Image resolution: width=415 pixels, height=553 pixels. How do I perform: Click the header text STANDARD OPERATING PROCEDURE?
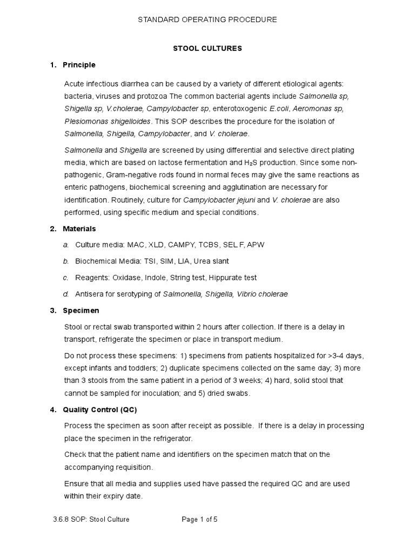207,19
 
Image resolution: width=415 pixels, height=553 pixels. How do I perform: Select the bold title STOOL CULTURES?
207,48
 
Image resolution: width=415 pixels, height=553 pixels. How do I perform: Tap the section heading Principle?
79,65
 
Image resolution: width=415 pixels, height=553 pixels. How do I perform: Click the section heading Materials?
79,228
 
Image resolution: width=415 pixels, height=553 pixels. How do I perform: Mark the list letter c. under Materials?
65,278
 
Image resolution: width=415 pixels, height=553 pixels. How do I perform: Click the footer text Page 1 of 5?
199,520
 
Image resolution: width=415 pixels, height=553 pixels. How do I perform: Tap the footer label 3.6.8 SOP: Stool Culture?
89,520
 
